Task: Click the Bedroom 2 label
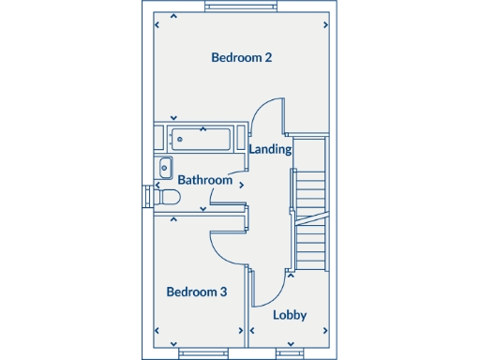tap(241, 57)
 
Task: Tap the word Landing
tap(270, 149)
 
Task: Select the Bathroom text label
tap(204, 180)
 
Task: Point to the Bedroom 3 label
tap(196, 292)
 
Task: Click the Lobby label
tap(290, 315)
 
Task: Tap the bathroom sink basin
tap(164, 171)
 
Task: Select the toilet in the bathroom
tap(167, 198)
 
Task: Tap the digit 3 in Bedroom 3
tap(223, 292)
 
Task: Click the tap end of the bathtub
tap(179, 139)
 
